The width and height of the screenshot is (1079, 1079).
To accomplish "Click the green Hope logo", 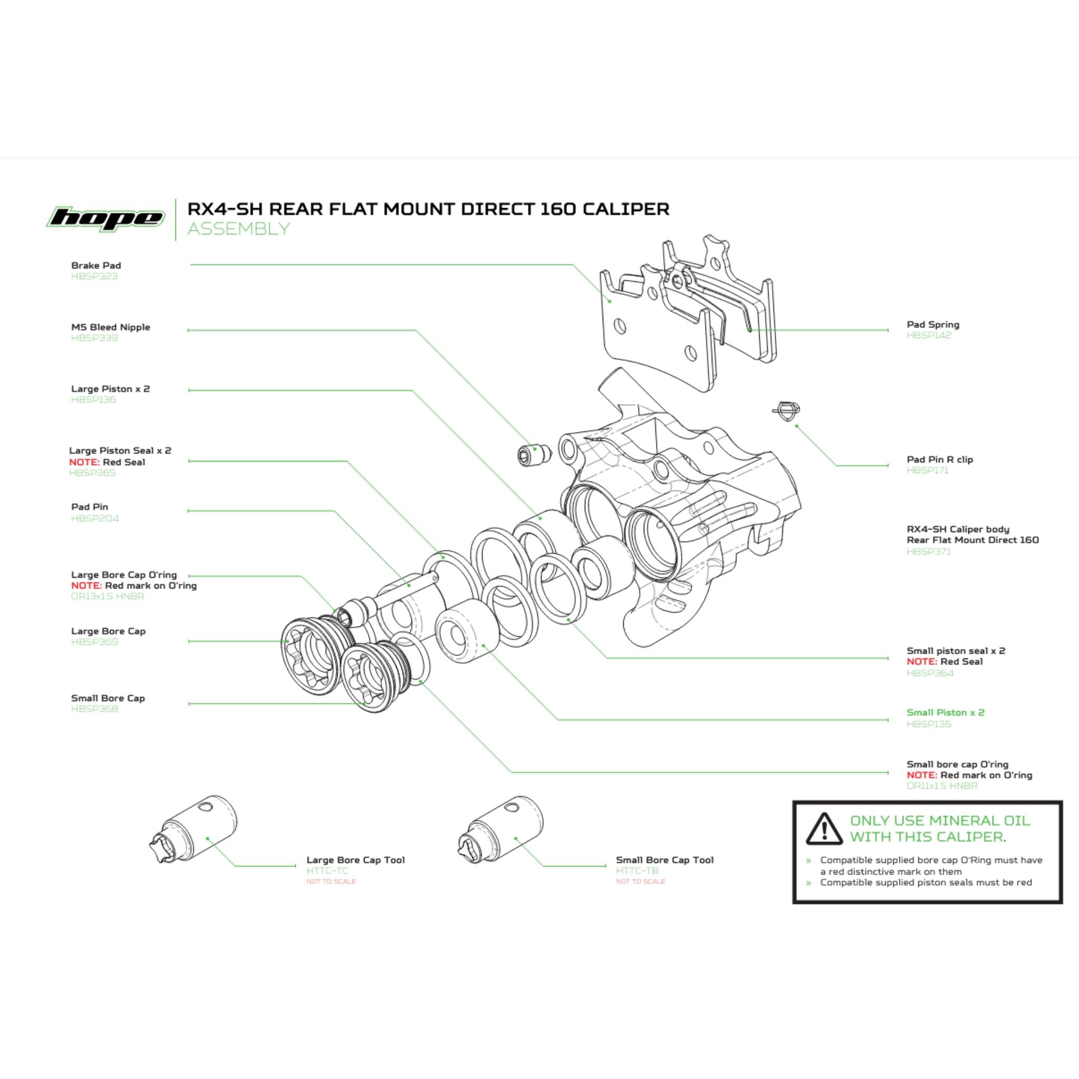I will point(105,218).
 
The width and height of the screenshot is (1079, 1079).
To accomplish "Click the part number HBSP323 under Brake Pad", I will point(94,277).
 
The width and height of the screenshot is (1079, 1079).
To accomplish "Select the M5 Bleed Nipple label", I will point(111,327).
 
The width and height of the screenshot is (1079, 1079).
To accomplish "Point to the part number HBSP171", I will point(927,470).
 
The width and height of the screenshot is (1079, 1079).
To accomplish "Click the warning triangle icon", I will point(824,829).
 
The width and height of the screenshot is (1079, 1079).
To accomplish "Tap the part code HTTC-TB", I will point(637,871).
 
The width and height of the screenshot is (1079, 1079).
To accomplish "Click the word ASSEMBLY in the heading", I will point(239,229).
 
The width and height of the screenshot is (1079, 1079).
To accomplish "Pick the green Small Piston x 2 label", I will point(945,713).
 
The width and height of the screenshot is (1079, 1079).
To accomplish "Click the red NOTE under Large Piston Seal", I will point(84,463).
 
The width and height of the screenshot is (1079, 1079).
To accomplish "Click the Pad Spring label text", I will point(933,325).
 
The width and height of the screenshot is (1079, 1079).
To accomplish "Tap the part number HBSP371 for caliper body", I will point(928,552).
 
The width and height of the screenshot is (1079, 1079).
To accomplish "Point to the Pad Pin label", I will point(90,507).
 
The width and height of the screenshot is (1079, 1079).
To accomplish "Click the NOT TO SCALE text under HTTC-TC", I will point(331,882).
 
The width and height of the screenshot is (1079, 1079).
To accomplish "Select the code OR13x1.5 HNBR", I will point(108,596).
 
